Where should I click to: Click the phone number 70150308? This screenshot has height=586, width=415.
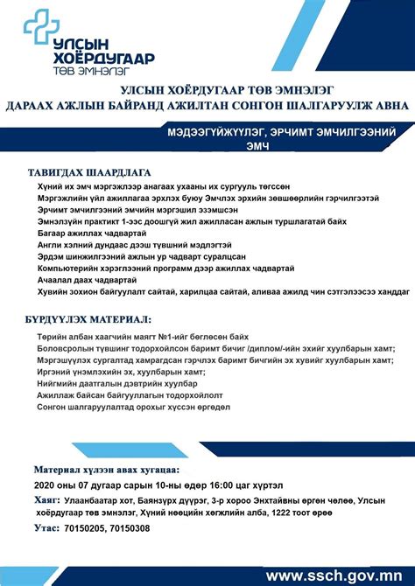pos(129,528)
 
